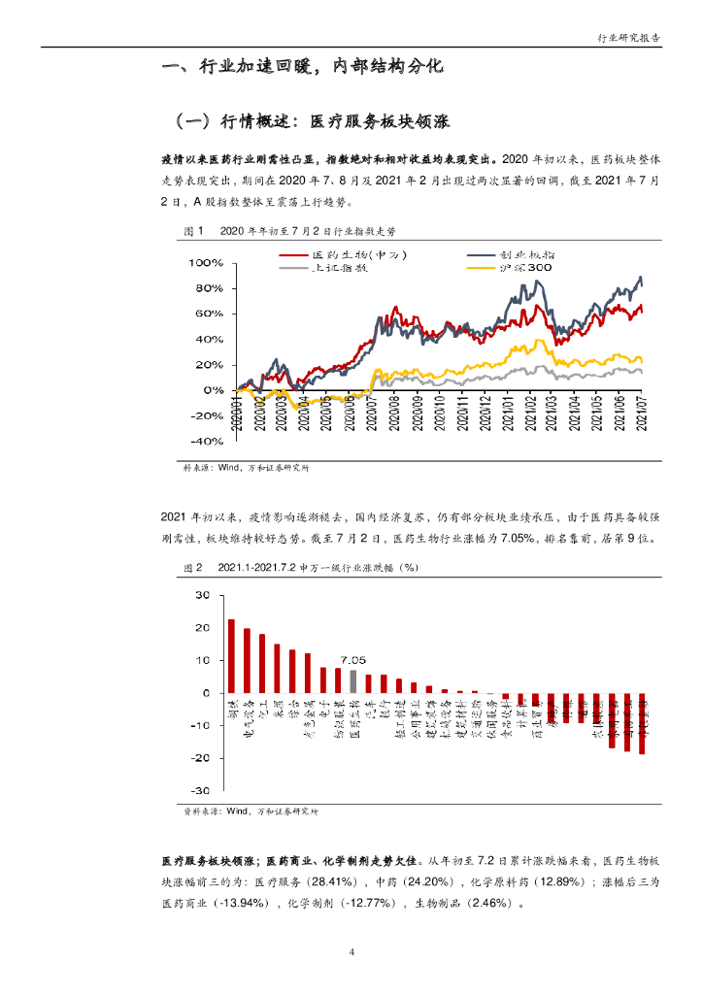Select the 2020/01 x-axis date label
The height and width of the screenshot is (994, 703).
pyautogui.click(x=236, y=413)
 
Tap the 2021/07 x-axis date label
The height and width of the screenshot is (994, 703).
pyautogui.click(x=642, y=413)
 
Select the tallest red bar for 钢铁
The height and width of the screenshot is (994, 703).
pyautogui.click(x=231, y=656)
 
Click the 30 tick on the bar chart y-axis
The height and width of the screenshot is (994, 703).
pyautogui.click(x=202, y=595)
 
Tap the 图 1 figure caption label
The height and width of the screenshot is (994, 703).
pyautogui.click(x=192, y=232)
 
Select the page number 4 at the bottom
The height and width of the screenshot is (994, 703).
pyautogui.click(x=351, y=952)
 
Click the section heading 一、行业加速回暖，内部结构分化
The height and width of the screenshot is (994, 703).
pyautogui.click(x=304, y=68)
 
